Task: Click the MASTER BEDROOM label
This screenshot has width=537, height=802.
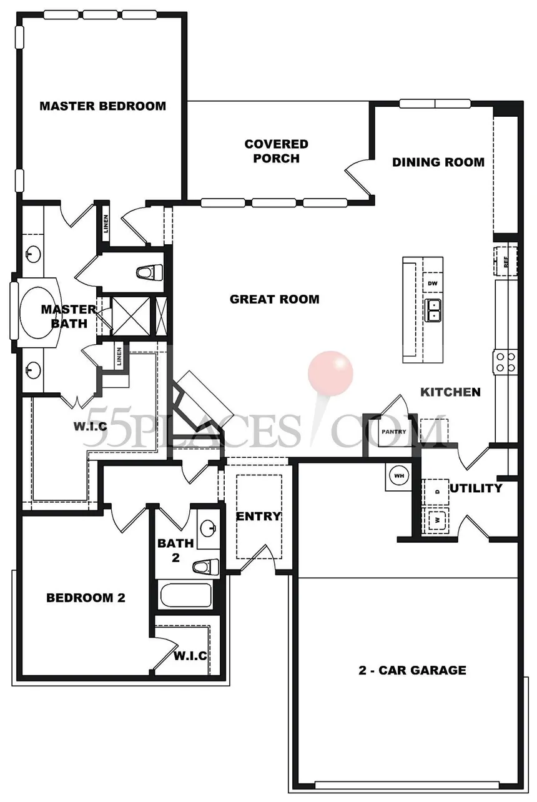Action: (103, 106)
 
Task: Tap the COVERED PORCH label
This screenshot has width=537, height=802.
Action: (277, 151)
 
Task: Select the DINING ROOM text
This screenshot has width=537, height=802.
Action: (438, 162)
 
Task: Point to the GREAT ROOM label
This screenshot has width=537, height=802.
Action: (275, 299)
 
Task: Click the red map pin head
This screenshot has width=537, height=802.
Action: (330, 374)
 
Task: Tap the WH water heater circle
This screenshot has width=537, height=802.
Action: (399, 476)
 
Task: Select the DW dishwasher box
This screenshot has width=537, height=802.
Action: (433, 284)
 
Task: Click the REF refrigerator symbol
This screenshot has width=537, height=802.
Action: (506, 261)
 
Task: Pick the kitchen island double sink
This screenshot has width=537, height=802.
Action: (433, 310)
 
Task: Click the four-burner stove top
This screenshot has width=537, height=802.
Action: (506, 362)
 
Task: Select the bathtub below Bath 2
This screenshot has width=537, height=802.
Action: (186, 595)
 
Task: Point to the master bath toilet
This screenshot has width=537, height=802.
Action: (149, 272)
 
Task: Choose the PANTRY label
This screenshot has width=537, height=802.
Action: (394, 432)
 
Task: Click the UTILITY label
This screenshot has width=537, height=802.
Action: (476, 488)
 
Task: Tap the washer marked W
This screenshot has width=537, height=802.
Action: (436, 520)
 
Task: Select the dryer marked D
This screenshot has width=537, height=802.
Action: (436, 492)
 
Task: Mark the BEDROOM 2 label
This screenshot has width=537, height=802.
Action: (86, 598)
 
